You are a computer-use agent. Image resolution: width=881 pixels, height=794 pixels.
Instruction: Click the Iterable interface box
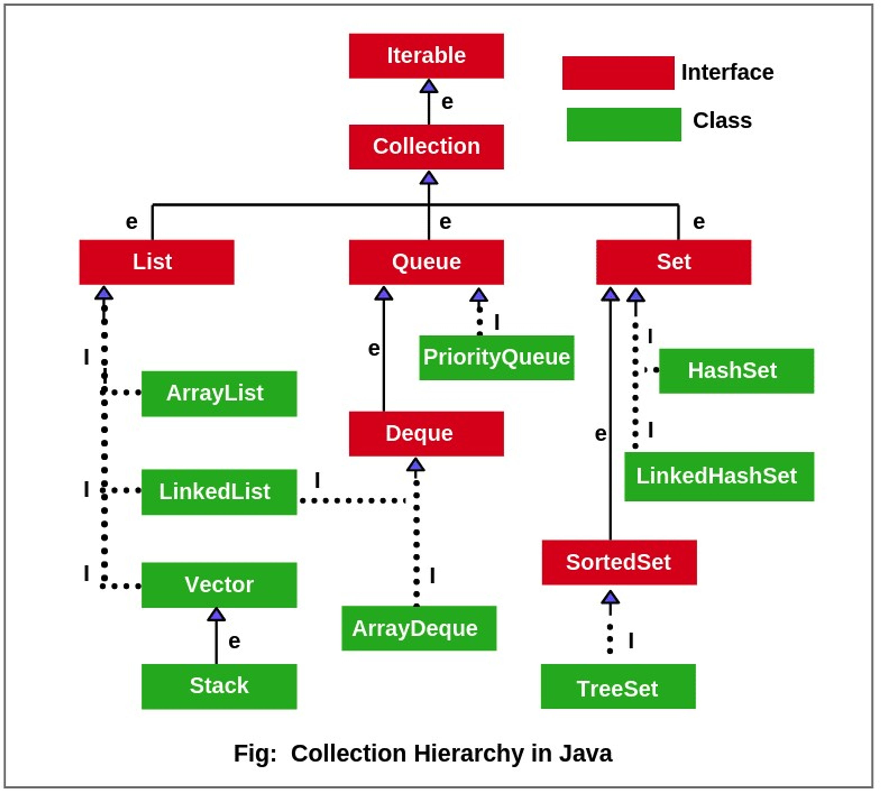pos(426,56)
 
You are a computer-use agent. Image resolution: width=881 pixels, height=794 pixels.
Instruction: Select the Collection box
pos(426,147)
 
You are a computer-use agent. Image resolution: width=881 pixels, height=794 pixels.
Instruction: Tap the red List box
pos(156,262)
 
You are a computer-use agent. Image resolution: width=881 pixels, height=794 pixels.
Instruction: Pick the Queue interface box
pos(426,262)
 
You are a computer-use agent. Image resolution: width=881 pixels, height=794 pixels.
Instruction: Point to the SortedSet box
pos(619,562)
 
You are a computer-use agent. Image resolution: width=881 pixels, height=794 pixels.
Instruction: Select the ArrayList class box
pos(219,393)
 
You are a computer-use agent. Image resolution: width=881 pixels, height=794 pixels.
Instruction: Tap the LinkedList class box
pos(219,492)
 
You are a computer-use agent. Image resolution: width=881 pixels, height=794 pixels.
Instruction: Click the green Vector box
pos(219,584)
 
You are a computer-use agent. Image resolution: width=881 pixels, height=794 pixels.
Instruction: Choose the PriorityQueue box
pos(496,357)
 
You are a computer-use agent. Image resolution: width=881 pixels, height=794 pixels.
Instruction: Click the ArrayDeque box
pos(419,628)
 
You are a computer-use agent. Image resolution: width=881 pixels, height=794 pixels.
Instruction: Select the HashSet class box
pos(736,371)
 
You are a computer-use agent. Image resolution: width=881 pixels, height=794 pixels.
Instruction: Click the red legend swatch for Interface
pos(618,73)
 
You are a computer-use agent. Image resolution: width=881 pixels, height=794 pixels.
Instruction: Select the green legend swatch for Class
pos(623,124)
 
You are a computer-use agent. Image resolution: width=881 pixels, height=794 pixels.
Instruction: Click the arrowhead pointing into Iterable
pos(429,86)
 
